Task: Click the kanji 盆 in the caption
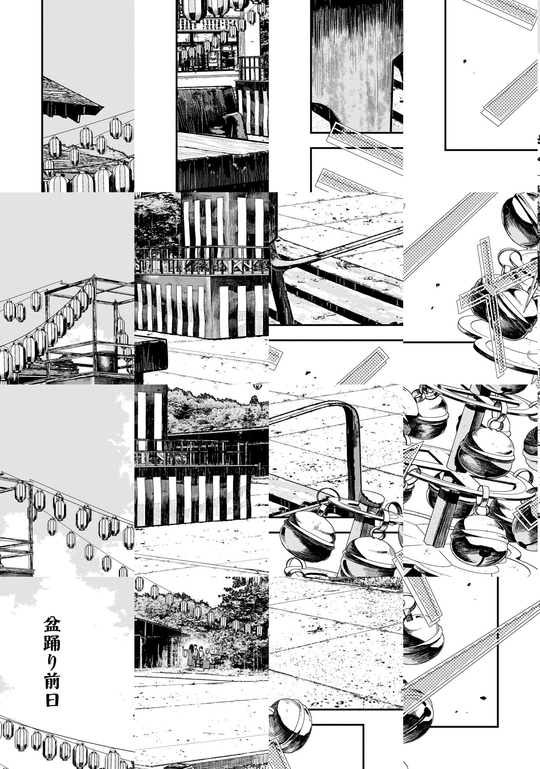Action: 52,625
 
